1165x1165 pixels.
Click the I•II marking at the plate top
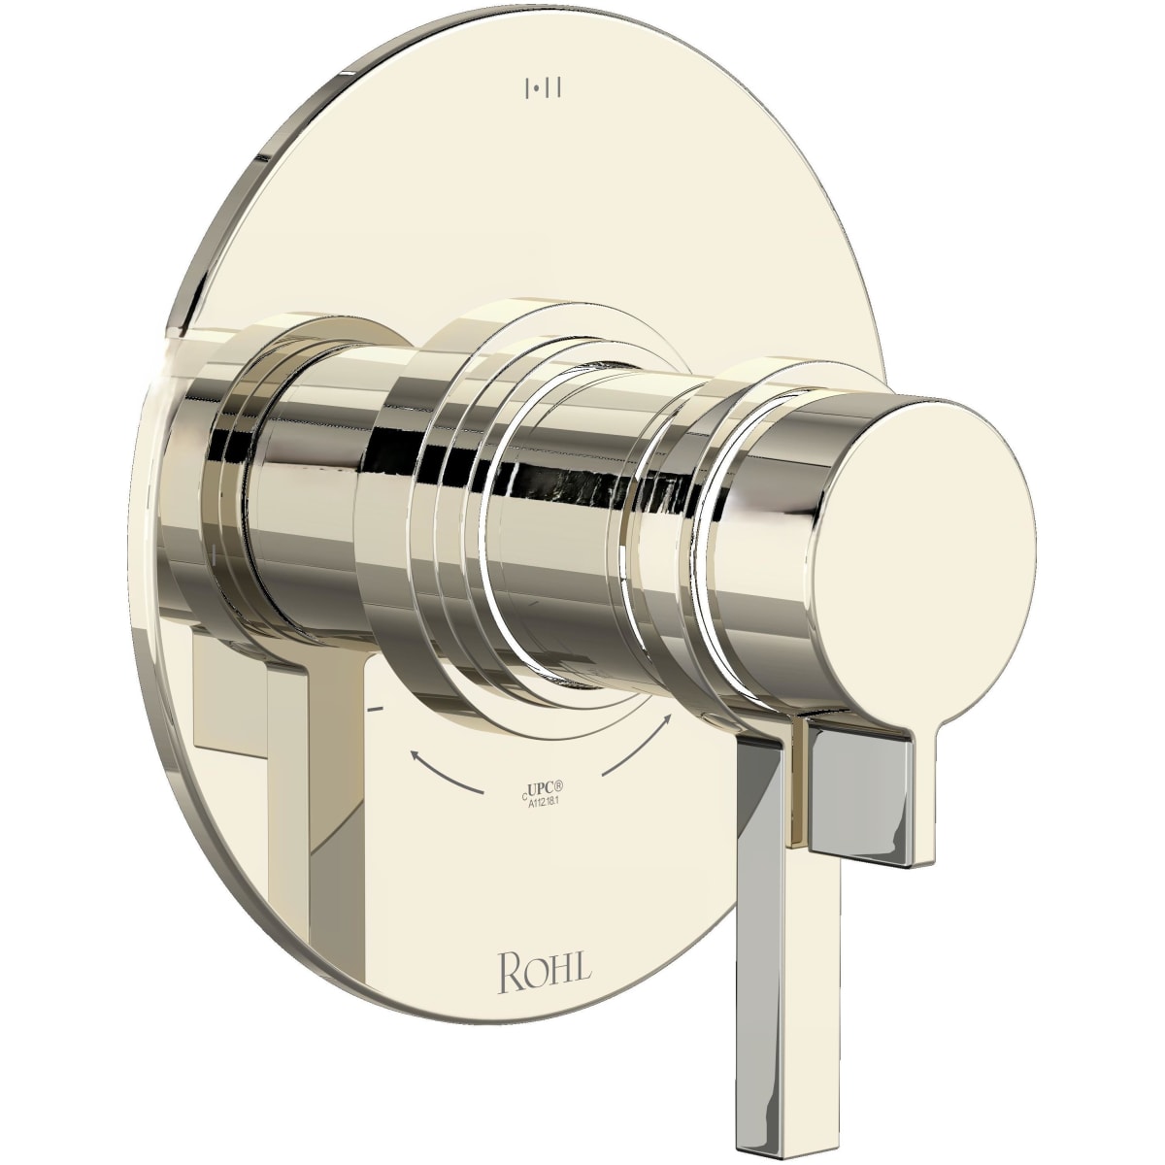(544, 90)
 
